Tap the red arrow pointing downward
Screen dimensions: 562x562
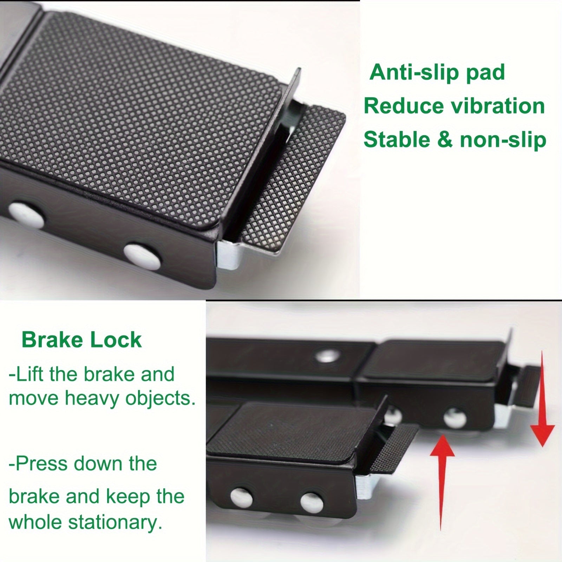[x=542, y=398]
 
